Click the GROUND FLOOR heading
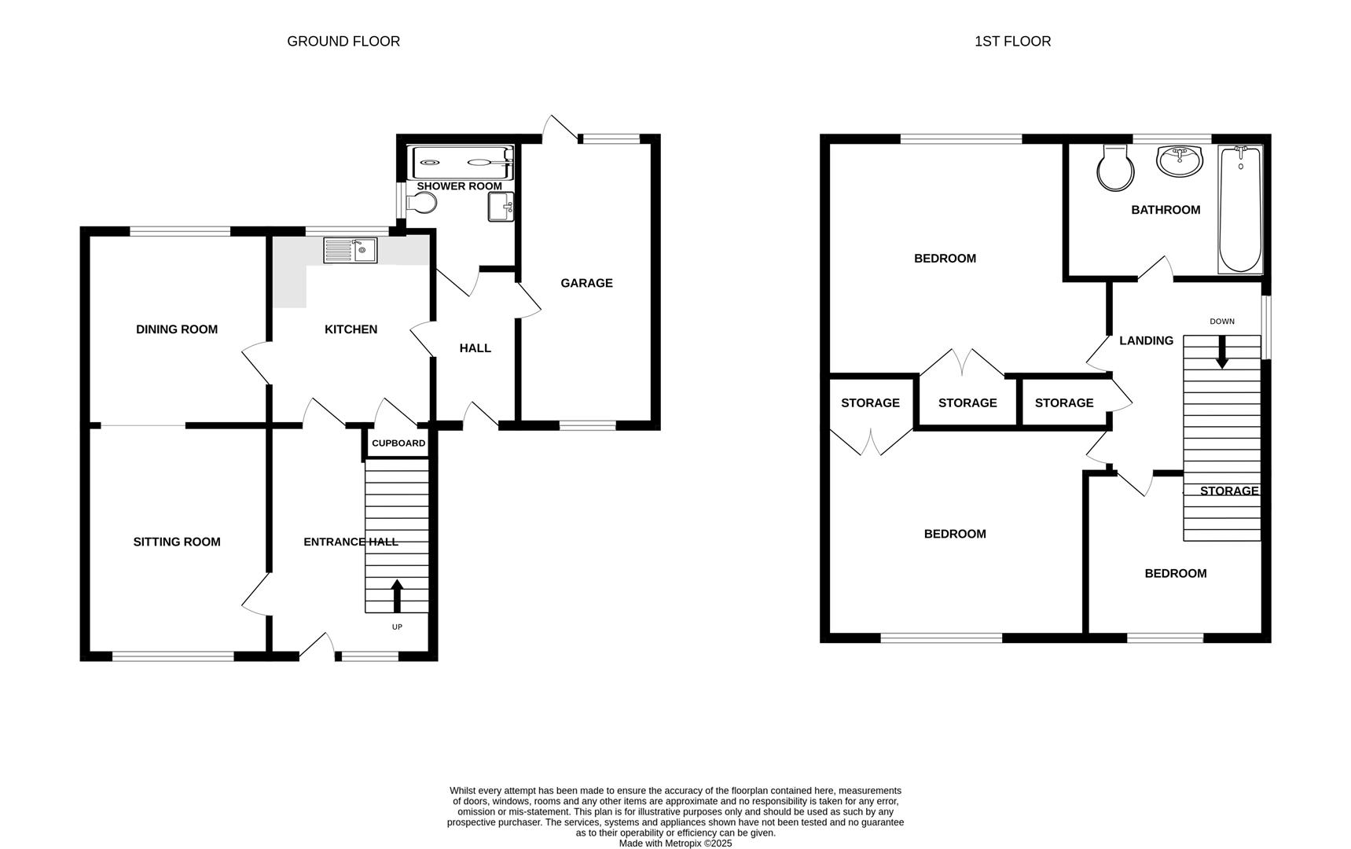pos(343,42)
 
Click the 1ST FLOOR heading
pos(1012,42)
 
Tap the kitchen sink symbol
pos(351,251)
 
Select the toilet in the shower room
pos(422,204)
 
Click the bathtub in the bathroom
pos(1240,209)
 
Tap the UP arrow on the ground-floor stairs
pos(397,595)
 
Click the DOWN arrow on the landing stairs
pos(1221,352)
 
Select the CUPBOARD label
pos(398,443)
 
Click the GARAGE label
pos(586,283)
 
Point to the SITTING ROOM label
pos(177,542)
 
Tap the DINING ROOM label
pos(177,329)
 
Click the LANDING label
pos(1146,340)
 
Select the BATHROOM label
pos(1166,210)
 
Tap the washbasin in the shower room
pos(500,208)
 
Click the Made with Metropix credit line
pos(675,843)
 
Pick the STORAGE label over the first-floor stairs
pos(1228,491)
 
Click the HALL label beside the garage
pos(475,348)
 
